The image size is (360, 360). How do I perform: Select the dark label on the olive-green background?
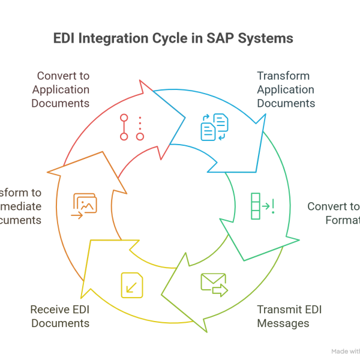(289, 318)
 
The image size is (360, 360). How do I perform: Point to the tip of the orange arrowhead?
(47, 174)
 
